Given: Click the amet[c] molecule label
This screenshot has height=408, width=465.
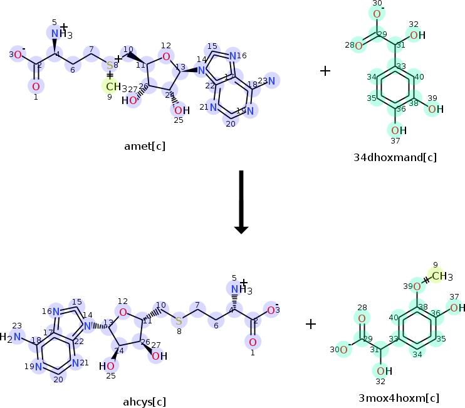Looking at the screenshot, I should point(145,146).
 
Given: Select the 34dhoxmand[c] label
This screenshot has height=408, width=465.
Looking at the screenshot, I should point(395,157).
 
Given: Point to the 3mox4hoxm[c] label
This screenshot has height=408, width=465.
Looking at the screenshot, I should point(399,398).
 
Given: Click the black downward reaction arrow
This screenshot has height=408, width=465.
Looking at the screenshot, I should point(241,201).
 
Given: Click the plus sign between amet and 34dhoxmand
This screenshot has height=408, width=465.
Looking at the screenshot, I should point(325,71).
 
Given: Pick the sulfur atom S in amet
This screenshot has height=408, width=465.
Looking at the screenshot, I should point(110,65).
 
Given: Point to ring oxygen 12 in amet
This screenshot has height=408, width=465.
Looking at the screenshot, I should point(165,57).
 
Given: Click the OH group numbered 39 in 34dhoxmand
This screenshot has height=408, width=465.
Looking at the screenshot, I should point(434,109).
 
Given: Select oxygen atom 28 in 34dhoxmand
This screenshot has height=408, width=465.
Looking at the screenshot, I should point(358,45).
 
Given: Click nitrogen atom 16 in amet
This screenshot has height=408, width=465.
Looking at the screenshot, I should point(233,56).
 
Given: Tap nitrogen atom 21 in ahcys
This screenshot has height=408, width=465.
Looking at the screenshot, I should point(75,362).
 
